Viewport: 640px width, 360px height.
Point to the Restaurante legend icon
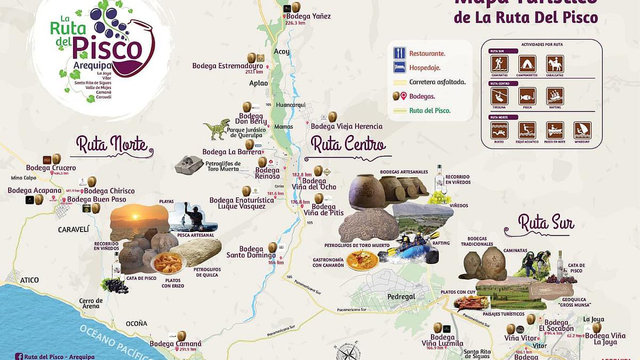pos(399,53)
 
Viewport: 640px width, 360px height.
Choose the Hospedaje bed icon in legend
pos(399,67)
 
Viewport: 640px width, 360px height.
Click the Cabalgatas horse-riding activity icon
pos(555,64)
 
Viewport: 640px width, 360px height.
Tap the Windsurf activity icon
pos(582,130)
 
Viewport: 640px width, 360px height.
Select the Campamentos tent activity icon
pos(527,64)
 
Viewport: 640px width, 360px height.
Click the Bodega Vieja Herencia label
pos(347,126)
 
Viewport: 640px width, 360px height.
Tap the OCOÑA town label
pos(136,323)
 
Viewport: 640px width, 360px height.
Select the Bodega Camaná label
pos(175,344)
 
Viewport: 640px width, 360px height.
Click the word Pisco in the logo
pos(108,49)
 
